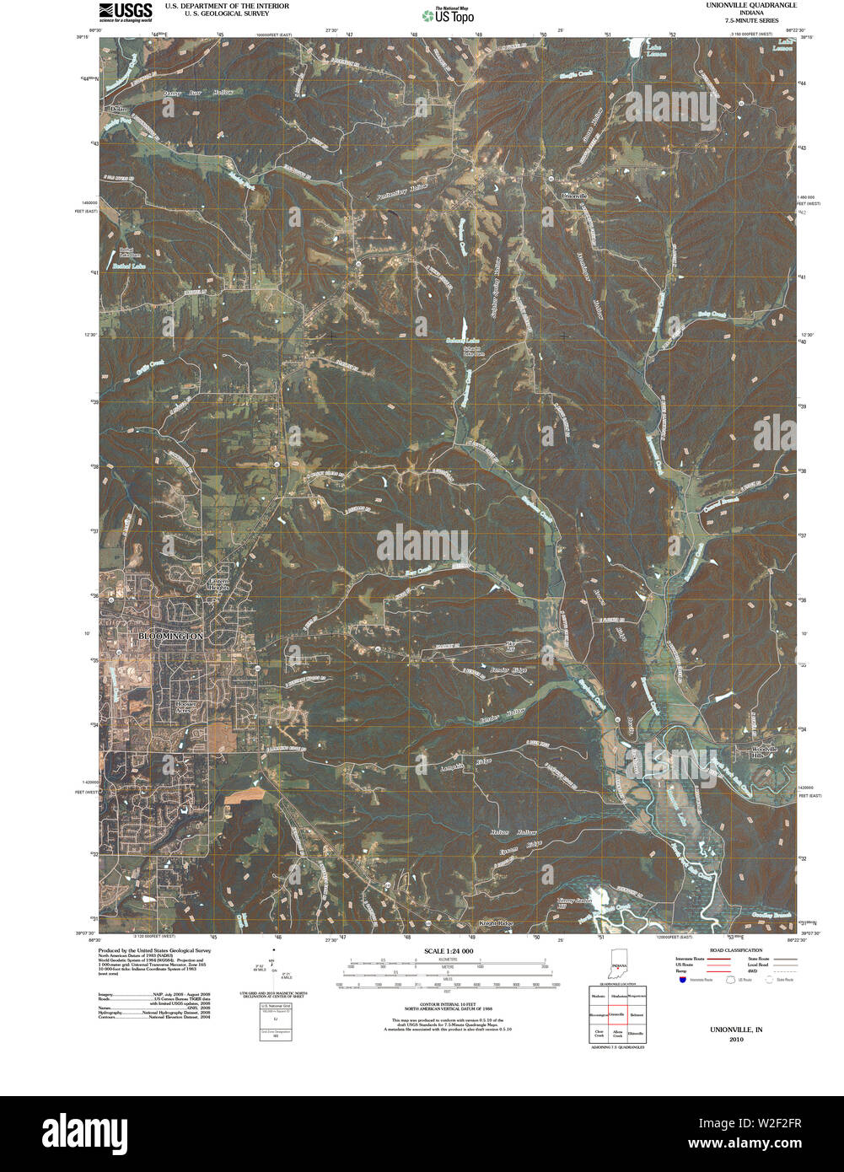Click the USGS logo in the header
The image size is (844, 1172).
click(126, 11)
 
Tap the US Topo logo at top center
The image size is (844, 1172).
click(448, 14)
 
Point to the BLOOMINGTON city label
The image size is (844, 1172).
click(171, 636)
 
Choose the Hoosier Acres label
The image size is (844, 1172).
click(185, 707)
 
